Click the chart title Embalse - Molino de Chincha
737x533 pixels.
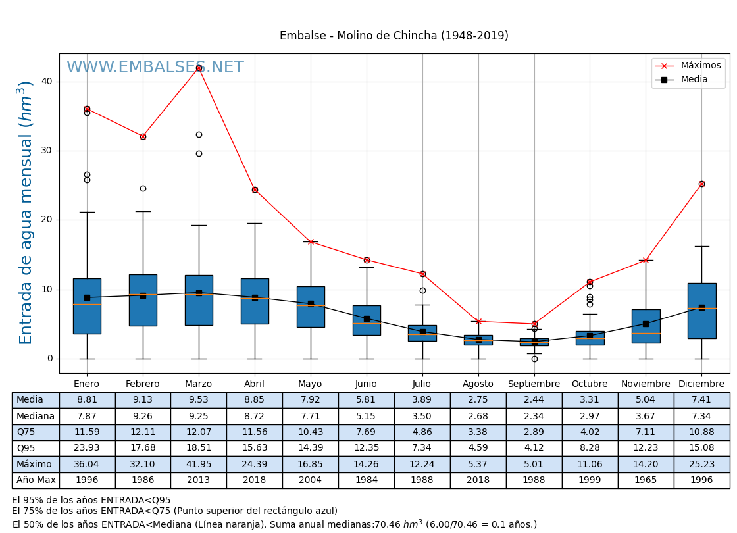click(x=394, y=36)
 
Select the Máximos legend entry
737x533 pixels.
click(x=700, y=66)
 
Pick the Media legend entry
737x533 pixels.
click(x=694, y=80)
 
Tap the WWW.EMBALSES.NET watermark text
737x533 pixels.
click(x=155, y=68)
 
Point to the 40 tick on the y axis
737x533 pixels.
click(x=47, y=82)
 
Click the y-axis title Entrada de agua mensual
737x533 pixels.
click(x=26, y=213)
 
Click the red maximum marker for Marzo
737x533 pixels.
click(x=199, y=68)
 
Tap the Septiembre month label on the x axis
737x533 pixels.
click(x=534, y=384)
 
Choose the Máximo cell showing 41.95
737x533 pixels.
click(x=198, y=465)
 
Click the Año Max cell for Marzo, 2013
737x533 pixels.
click(x=198, y=480)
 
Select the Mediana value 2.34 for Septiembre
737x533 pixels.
click(x=534, y=417)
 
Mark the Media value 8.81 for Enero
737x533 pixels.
click(x=87, y=400)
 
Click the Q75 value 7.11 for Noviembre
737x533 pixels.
click(x=646, y=432)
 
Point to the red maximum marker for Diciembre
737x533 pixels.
click(x=701, y=184)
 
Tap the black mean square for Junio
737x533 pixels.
click(x=367, y=318)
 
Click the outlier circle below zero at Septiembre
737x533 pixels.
click(x=534, y=359)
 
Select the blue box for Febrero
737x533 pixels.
click(x=143, y=300)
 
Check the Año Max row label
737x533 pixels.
click(x=36, y=480)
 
